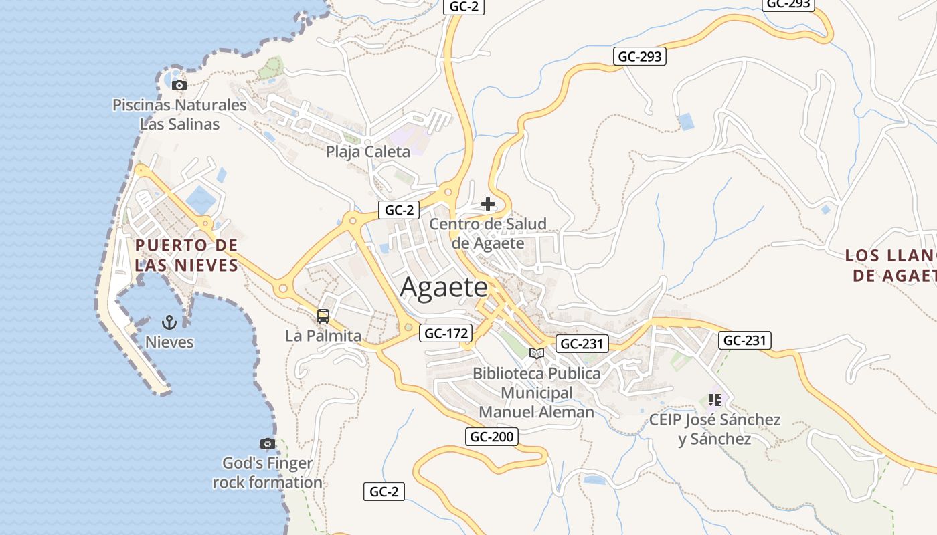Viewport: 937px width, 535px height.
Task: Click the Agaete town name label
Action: click(444, 288)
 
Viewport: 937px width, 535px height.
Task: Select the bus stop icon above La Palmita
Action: click(323, 316)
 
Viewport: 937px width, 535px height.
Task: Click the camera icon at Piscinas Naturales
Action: click(179, 85)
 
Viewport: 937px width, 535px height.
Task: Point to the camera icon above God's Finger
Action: click(267, 443)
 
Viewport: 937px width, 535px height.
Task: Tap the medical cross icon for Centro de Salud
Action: click(488, 204)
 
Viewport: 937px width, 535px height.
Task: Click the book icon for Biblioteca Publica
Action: click(536, 353)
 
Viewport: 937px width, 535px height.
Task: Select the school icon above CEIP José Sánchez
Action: click(714, 400)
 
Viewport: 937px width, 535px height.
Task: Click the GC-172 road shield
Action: click(446, 333)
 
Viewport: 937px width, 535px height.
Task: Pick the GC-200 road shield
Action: click(491, 437)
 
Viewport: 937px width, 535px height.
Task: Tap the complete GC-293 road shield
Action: click(639, 56)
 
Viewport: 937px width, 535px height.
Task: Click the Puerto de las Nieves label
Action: click(187, 255)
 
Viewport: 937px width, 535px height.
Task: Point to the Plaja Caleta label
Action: click(367, 152)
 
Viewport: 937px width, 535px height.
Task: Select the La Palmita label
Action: click(323, 336)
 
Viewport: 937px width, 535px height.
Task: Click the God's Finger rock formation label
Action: click(267, 473)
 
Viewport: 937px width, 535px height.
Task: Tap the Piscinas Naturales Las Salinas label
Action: click(179, 114)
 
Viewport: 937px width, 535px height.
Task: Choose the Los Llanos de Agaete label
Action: click(890, 265)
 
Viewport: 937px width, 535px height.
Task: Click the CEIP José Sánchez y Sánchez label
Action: click(714, 429)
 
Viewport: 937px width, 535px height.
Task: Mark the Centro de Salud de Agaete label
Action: click(488, 233)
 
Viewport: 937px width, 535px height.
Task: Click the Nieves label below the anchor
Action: click(170, 342)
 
